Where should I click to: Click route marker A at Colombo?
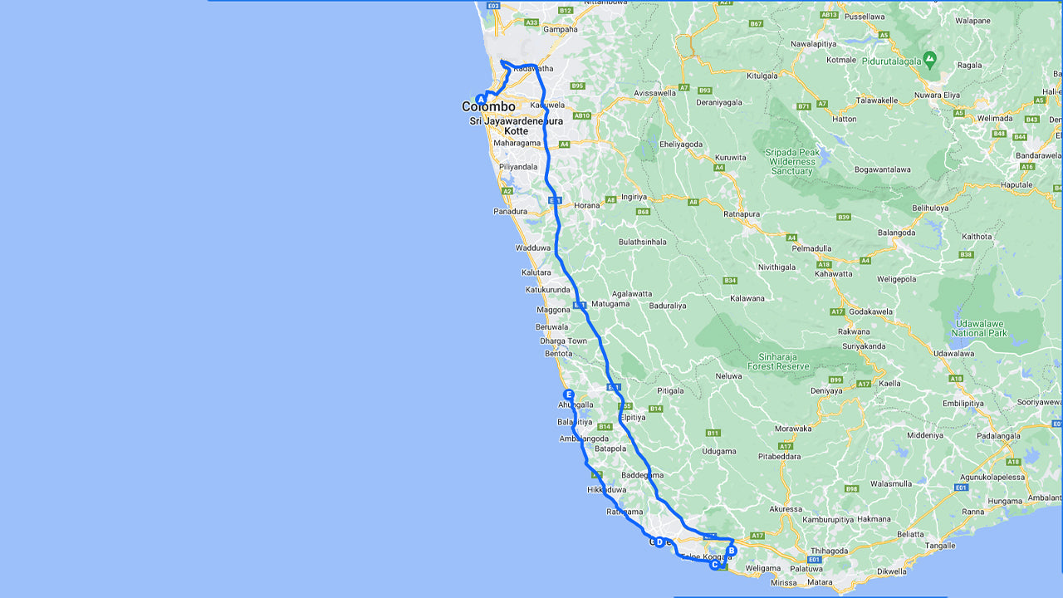[480, 100]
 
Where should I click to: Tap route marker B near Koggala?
[732, 550]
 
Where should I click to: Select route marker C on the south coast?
[714, 565]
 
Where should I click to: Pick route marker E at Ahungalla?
[569, 395]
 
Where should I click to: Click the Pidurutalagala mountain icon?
[929, 58]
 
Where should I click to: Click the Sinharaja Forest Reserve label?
[778, 360]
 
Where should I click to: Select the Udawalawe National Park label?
[979, 327]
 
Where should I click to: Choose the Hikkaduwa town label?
[606, 490]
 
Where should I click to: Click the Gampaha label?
[560, 29]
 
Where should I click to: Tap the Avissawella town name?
[655, 93]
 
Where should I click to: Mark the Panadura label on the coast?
[511, 211]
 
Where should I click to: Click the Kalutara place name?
[536, 272]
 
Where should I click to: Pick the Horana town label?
[586, 205]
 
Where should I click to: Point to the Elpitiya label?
[632, 418]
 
